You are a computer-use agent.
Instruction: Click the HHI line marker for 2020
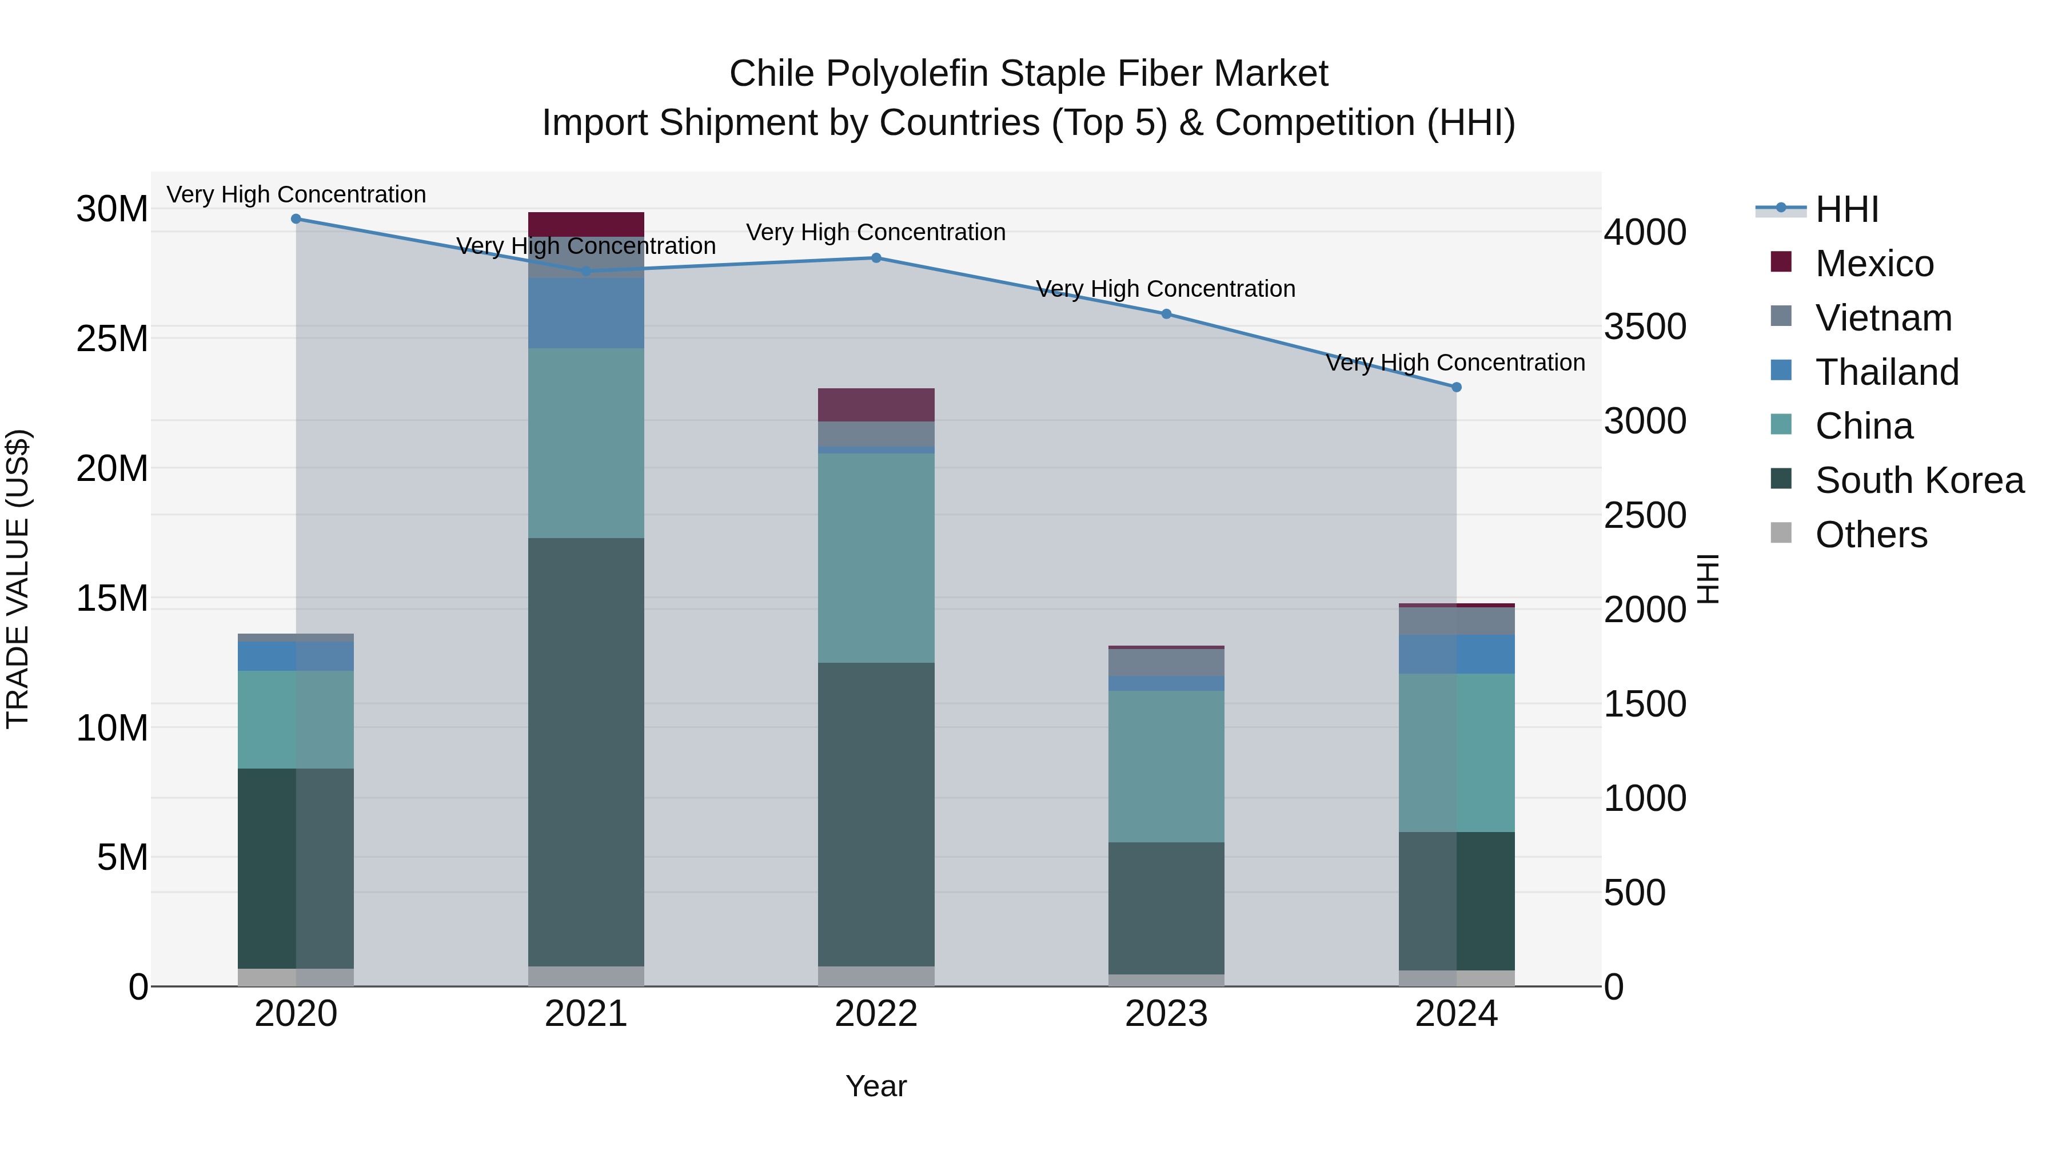(x=296, y=218)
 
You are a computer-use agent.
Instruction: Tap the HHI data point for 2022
(x=876, y=257)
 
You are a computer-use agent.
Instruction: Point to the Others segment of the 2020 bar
(x=296, y=977)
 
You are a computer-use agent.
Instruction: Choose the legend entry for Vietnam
(x=1882, y=317)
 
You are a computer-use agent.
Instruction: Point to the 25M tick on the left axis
(x=112, y=339)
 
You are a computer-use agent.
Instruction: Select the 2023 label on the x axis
(x=1166, y=1014)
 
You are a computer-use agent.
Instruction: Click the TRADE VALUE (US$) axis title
(x=18, y=579)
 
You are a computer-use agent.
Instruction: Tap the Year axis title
(x=876, y=1086)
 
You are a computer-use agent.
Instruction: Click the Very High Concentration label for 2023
(x=1166, y=289)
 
